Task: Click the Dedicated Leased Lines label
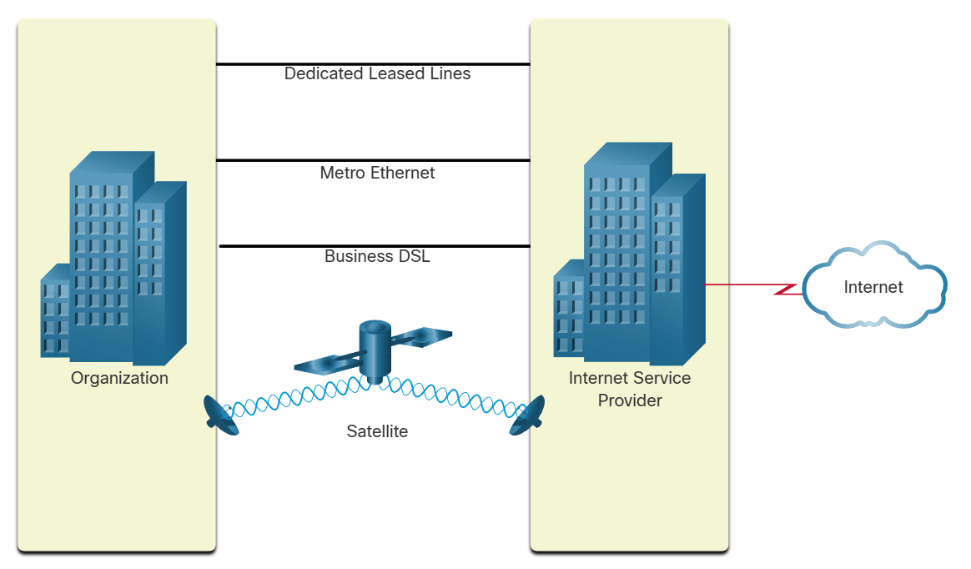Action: [x=377, y=73]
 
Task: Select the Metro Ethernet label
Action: [x=377, y=173]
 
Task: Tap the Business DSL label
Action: [x=377, y=256]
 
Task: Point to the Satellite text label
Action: [x=377, y=431]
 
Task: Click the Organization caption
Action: [x=119, y=378]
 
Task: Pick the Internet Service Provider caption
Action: [x=630, y=389]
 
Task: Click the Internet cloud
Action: [x=873, y=287]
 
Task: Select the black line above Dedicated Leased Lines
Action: [x=373, y=63]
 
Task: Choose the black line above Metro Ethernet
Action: [x=373, y=160]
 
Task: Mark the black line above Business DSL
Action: [x=375, y=246]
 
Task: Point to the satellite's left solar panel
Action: [x=328, y=360]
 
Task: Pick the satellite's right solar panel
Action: [x=421, y=336]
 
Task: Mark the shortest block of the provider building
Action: [x=569, y=312]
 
